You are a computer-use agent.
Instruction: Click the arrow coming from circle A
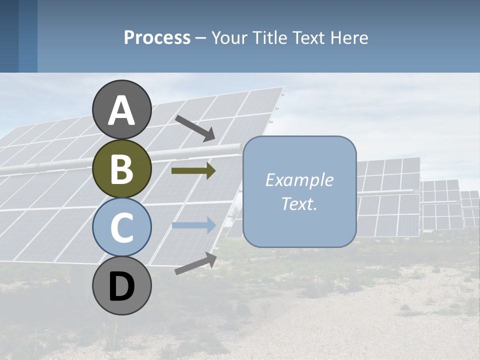(x=194, y=127)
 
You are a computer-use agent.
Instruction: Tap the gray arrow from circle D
(x=195, y=263)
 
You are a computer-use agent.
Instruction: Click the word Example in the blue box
(x=299, y=180)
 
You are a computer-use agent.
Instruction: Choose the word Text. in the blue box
(x=299, y=204)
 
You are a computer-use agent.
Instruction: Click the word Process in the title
(x=157, y=37)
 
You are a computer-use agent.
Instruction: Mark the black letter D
(x=122, y=286)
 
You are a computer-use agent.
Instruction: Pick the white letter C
(x=122, y=227)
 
